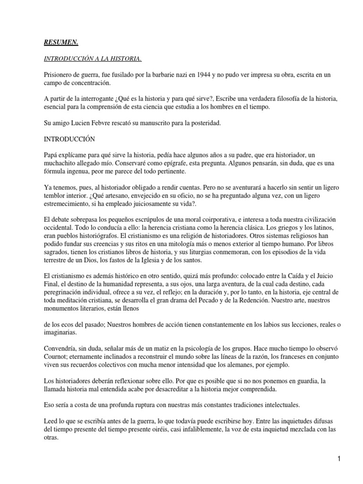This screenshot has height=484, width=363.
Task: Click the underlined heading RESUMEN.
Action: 61,43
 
